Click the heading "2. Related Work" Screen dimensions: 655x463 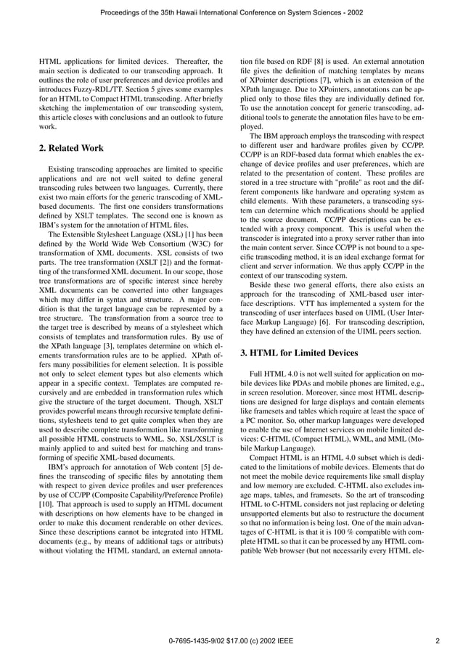tap(71, 148)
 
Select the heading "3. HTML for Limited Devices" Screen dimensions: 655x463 tap(298, 353)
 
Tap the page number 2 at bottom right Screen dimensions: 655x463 tap(438, 640)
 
